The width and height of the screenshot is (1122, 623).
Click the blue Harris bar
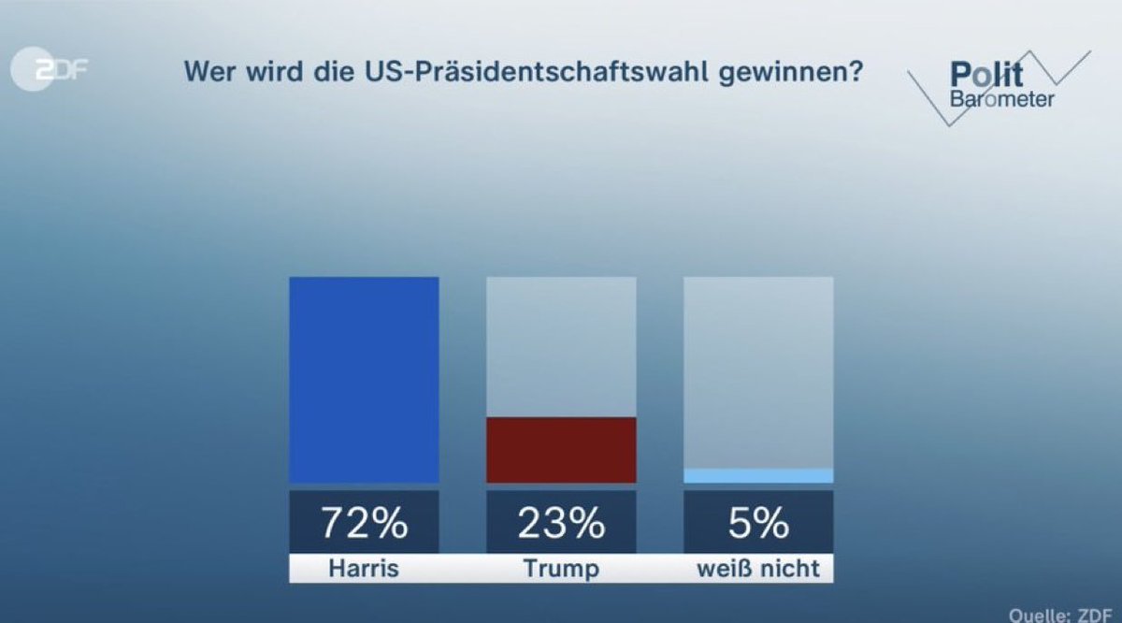364,379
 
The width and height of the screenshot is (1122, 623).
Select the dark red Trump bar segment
561,450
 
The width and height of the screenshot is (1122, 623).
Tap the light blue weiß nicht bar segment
758,476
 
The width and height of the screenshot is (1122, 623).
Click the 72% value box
364,523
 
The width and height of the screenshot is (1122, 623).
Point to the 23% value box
561,523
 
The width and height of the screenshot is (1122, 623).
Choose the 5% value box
758,523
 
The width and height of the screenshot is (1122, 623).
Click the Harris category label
364,569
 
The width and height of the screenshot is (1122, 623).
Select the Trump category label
561,569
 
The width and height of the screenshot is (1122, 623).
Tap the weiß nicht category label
758,569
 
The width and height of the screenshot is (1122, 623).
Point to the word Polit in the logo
985,74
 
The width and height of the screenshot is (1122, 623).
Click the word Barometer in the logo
1001,98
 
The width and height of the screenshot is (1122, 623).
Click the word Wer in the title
206,72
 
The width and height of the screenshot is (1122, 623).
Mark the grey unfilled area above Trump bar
561,346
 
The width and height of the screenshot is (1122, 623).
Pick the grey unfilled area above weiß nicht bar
758,371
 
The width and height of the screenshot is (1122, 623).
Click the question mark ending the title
854,72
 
